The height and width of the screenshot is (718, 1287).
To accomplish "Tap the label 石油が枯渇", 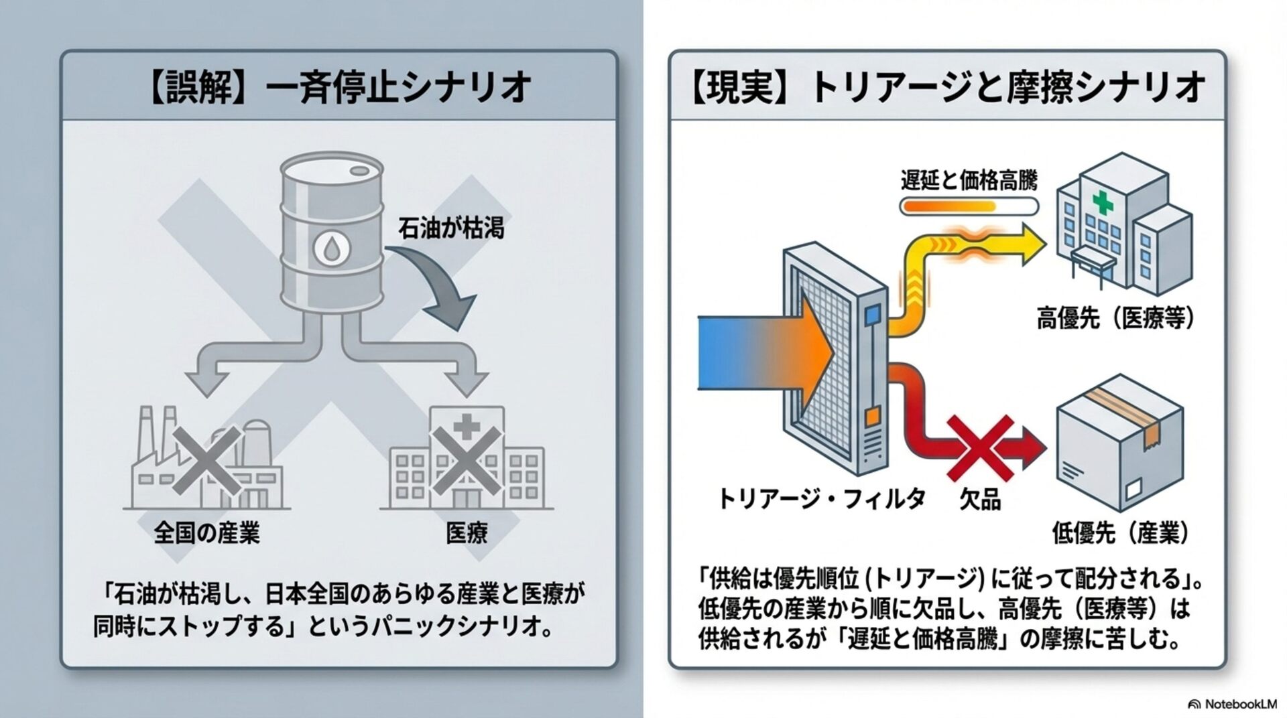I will coord(450,228).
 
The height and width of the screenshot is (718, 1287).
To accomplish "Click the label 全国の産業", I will coord(206,532).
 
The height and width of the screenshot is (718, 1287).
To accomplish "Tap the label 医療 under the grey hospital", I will coord(467,532).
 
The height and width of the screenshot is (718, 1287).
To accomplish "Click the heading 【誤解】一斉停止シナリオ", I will coord(338,88).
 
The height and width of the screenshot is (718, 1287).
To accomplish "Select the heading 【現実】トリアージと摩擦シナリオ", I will coord(947,88).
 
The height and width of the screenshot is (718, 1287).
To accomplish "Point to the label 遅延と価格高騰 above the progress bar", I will coord(969,180).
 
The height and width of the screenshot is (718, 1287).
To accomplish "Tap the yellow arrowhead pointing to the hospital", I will coord(1028,246).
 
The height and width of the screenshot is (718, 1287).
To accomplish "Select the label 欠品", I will coord(980,500).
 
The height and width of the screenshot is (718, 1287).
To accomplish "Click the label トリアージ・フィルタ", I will coord(821,498).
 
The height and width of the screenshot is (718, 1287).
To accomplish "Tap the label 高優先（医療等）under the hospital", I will coord(1115,319).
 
